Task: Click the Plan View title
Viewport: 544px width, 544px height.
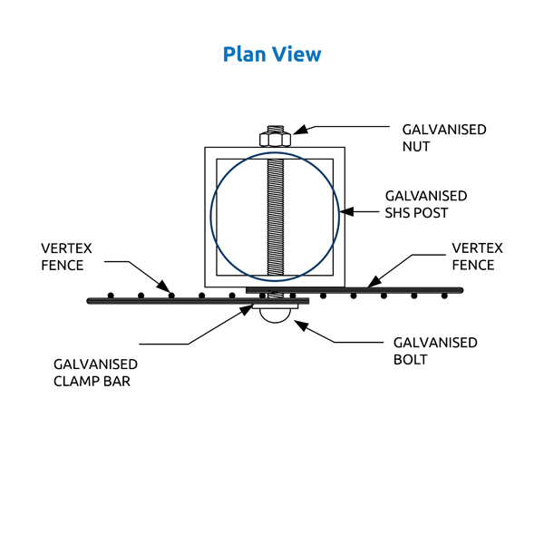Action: (272, 54)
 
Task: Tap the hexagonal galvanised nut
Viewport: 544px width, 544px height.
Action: (274, 139)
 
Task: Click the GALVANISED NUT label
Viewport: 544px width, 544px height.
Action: (444, 137)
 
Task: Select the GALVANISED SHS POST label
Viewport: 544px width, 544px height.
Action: (426, 204)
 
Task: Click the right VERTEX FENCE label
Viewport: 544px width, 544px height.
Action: (477, 257)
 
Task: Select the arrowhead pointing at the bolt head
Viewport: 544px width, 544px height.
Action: (296, 322)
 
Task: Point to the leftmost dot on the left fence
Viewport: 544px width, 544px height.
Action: (110, 295)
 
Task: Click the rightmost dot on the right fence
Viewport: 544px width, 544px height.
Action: (444, 296)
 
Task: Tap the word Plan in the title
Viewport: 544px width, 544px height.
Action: (242, 54)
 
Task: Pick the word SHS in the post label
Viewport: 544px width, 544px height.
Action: (401, 212)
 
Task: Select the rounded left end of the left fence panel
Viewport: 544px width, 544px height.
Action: (90, 300)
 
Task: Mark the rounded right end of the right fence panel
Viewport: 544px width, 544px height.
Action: (461, 290)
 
